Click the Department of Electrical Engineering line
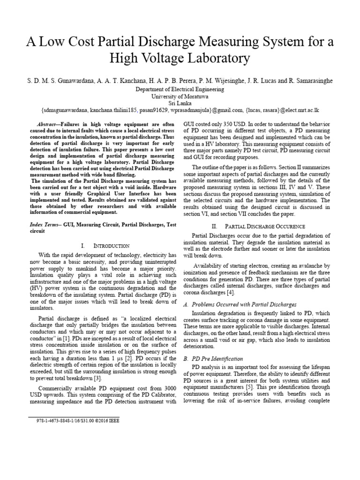(180, 89)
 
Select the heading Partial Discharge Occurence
(270, 226)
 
